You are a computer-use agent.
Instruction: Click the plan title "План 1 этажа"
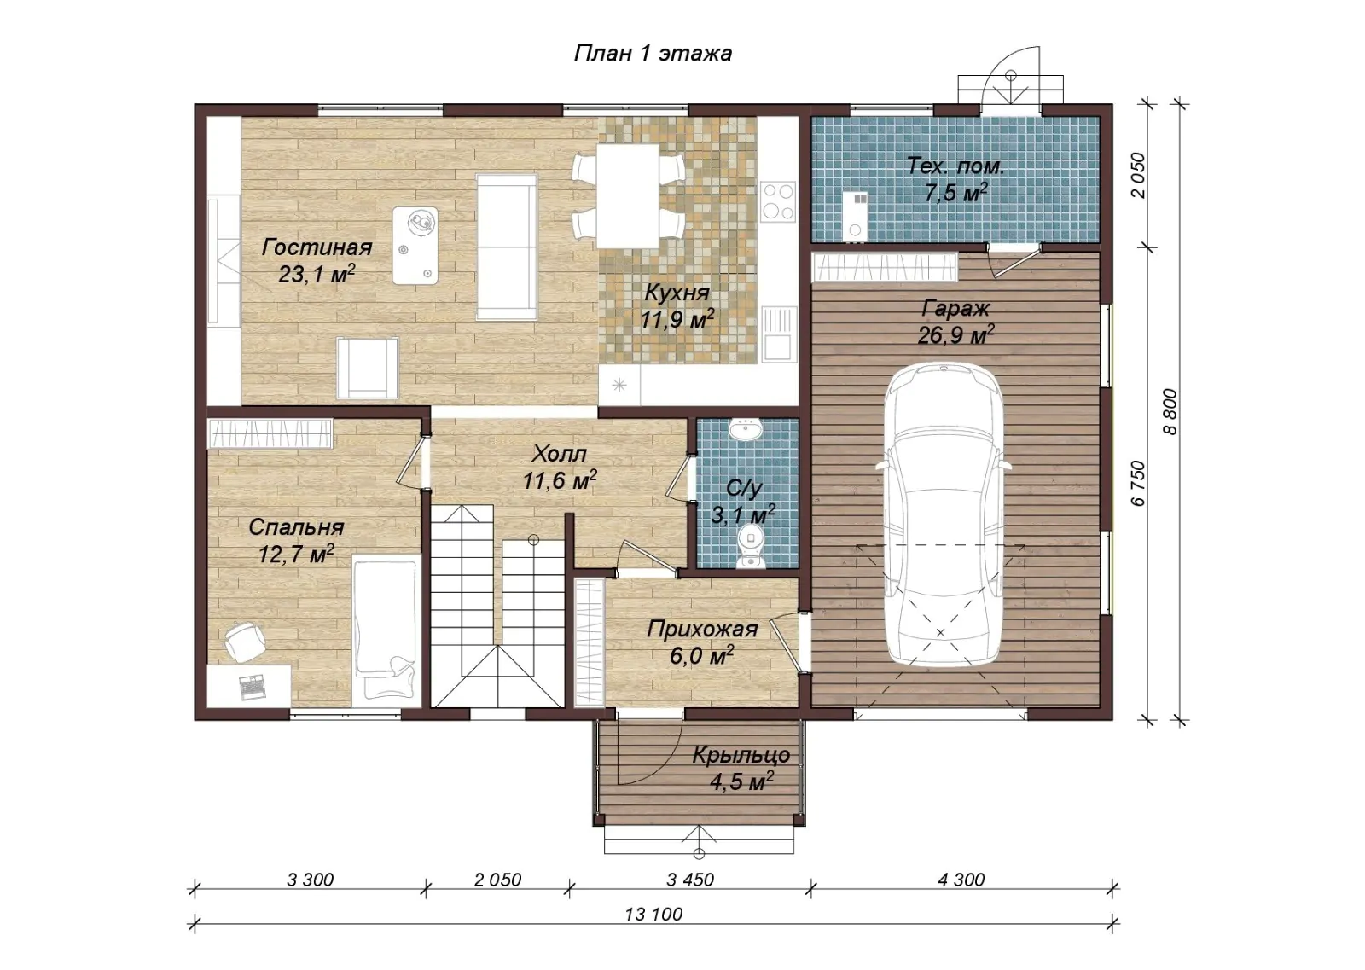pos(653,54)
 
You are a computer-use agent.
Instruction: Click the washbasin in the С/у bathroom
pos(745,429)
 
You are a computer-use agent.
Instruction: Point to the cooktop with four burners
pos(778,201)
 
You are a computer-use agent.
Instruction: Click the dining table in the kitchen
pos(628,195)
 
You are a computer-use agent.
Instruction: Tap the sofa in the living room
pos(507,247)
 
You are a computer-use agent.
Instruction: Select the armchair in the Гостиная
pos(368,368)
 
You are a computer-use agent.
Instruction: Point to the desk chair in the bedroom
pos(244,641)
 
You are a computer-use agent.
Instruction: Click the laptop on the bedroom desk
pos(253,686)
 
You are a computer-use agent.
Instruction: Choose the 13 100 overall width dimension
pos(653,915)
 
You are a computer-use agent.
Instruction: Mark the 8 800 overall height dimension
pos(1170,412)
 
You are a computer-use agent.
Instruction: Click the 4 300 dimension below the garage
pos(961,880)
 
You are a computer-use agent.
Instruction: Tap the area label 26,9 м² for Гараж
pos(955,334)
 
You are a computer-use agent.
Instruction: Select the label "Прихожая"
pos(702,629)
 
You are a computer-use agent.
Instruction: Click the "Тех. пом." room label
pos(955,166)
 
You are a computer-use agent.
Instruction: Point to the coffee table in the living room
pos(415,246)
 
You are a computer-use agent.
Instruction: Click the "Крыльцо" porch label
pos(741,756)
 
